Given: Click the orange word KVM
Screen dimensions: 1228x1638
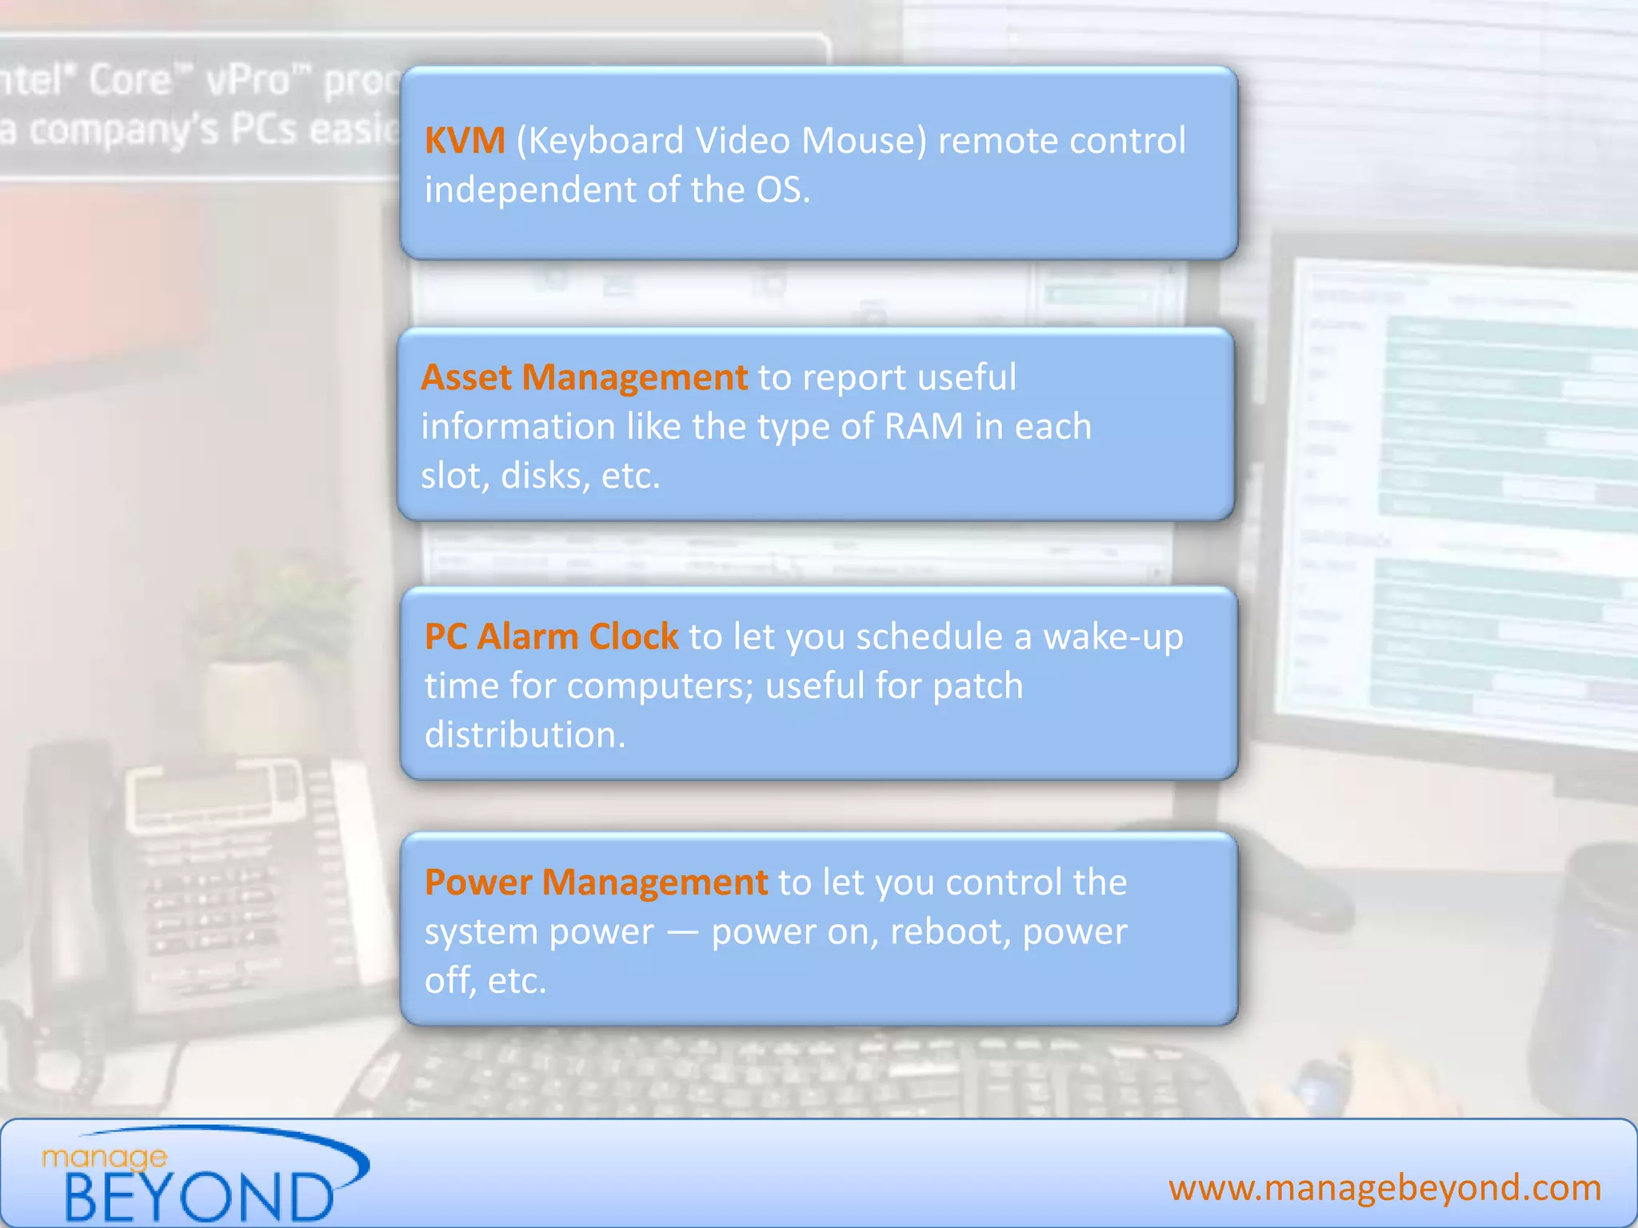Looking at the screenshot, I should pos(465,141).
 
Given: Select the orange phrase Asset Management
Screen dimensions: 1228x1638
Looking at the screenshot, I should pos(584,377).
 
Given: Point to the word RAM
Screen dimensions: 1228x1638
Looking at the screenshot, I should pos(924,427).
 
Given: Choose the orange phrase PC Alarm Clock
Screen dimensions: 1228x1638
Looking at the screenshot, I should pos(551,637).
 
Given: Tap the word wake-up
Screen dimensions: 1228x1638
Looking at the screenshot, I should pos(1113,637).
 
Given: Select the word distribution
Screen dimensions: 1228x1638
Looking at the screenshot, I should pos(524,736).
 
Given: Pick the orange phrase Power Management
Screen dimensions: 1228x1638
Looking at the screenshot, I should pos(596,883).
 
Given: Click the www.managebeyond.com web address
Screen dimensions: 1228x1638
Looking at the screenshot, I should pos(1384,1188).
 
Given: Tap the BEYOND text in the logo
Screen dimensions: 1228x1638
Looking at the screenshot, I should pos(198,1197).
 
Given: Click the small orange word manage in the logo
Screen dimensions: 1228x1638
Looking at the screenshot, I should pos(104,1157).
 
